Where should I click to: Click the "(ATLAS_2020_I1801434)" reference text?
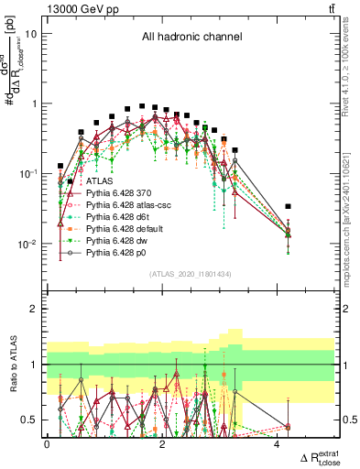(191, 274)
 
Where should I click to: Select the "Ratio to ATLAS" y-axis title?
(12, 365)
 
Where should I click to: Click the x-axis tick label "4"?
(277, 444)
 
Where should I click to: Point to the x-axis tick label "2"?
(162, 444)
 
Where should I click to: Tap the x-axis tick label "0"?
(48, 444)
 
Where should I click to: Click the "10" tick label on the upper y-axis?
(30, 34)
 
